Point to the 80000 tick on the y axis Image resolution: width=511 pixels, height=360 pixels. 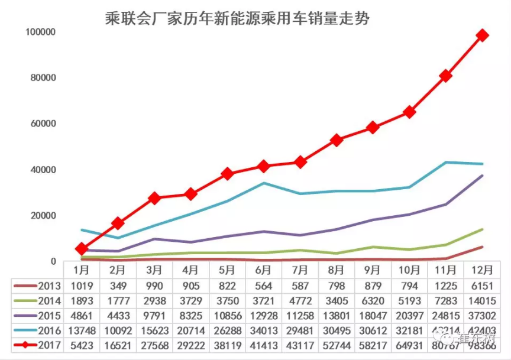pos(40,78)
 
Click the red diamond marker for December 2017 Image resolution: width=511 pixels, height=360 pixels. pos(483,35)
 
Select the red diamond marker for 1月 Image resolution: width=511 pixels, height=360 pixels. pos(82,249)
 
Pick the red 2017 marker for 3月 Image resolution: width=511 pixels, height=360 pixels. pos(154,198)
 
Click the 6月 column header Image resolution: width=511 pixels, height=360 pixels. pos(263,270)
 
